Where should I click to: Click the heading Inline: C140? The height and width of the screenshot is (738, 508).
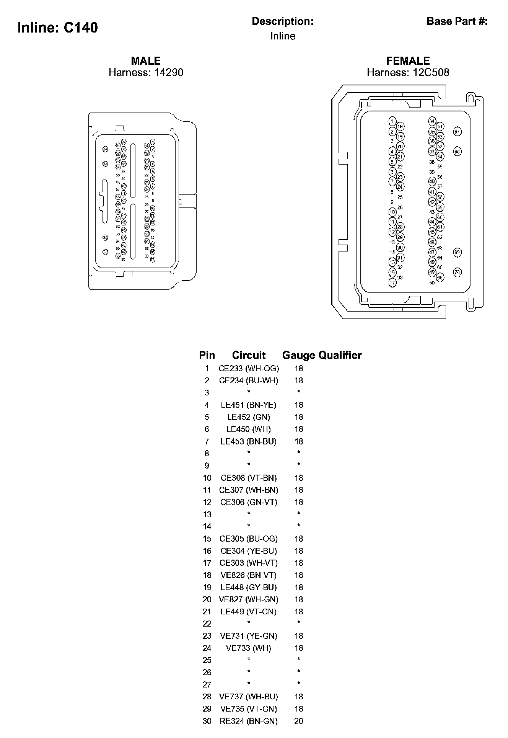click(58, 28)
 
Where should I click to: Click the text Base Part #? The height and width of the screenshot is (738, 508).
click(457, 21)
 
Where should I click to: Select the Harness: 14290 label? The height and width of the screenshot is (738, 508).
click(146, 72)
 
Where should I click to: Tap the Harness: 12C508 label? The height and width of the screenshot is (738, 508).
click(408, 72)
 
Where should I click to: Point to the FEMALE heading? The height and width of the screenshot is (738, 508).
click(408, 61)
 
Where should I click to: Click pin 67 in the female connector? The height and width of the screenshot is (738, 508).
click(457, 132)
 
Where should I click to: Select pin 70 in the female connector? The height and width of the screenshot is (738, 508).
click(457, 273)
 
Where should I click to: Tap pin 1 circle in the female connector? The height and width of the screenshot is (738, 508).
click(392, 121)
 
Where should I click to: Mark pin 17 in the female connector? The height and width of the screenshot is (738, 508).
click(392, 282)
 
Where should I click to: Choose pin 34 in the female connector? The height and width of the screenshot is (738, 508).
click(432, 121)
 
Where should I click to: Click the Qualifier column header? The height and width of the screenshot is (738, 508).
click(340, 355)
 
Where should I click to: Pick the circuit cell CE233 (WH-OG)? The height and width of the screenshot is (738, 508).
click(249, 369)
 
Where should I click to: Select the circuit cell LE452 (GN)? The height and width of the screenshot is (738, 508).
click(249, 417)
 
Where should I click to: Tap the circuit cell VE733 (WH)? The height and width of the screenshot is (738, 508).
click(249, 648)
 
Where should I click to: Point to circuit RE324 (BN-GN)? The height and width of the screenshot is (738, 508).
click(249, 721)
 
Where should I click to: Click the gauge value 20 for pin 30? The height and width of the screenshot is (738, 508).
click(299, 721)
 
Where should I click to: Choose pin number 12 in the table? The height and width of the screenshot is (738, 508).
click(207, 502)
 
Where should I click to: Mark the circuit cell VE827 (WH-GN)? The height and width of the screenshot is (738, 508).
click(249, 599)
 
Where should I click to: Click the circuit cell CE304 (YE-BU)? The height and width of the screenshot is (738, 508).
click(249, 551)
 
